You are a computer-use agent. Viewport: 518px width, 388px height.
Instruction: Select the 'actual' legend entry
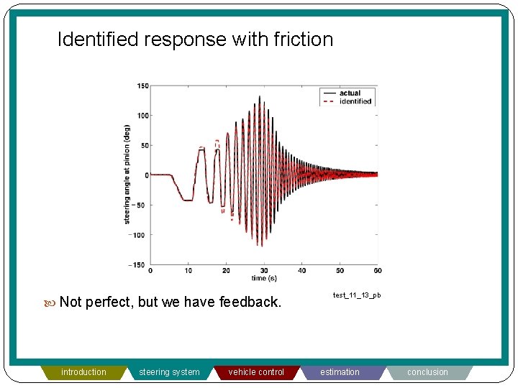coord(350,93)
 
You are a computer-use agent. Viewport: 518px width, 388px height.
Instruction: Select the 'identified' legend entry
coord(355,101)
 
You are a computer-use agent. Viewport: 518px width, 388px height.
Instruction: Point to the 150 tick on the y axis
coord(142,86)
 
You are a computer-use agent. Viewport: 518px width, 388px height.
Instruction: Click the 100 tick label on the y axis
coord(142,116)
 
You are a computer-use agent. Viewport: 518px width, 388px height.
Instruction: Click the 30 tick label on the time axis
coord(264,271)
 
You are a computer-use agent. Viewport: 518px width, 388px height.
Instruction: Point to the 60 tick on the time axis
coord(378,271)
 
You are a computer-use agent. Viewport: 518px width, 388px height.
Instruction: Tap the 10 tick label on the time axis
coord(188,271)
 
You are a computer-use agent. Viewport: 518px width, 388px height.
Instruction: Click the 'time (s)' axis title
coord(264,278)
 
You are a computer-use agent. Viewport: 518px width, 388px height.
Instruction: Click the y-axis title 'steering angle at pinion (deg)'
coord(127,175)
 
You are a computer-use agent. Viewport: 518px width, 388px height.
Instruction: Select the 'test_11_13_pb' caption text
coord(357,295)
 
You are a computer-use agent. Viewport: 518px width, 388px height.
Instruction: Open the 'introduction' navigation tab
coord(83,372)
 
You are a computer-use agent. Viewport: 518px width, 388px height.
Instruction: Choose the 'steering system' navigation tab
coord(170,372)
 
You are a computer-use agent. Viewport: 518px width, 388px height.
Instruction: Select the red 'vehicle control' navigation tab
coord(256,372)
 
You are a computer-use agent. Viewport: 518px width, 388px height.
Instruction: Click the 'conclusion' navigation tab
coord(427,372)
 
